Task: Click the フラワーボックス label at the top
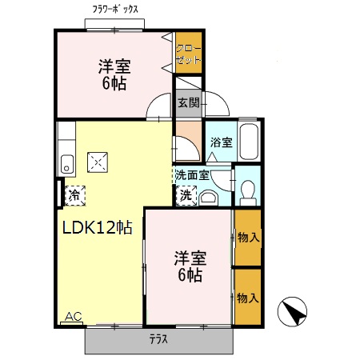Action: (x=116, y=9)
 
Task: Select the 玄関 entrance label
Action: (x=189, y=102)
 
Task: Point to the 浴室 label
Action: (x=221, y=143)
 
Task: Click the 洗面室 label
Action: (x=192, y=174)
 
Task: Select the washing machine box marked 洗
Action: (x=186, y=194)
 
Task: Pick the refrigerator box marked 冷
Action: (x=74, y=194)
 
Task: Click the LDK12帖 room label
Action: (x=97, y=226)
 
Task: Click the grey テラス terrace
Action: (x=159, y=340)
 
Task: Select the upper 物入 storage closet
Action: (x=248, y=238)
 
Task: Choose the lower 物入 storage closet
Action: (x=248, y=297)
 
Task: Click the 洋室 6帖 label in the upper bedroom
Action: (x=114, y=73)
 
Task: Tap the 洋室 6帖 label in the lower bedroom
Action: (x=190, y=266)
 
